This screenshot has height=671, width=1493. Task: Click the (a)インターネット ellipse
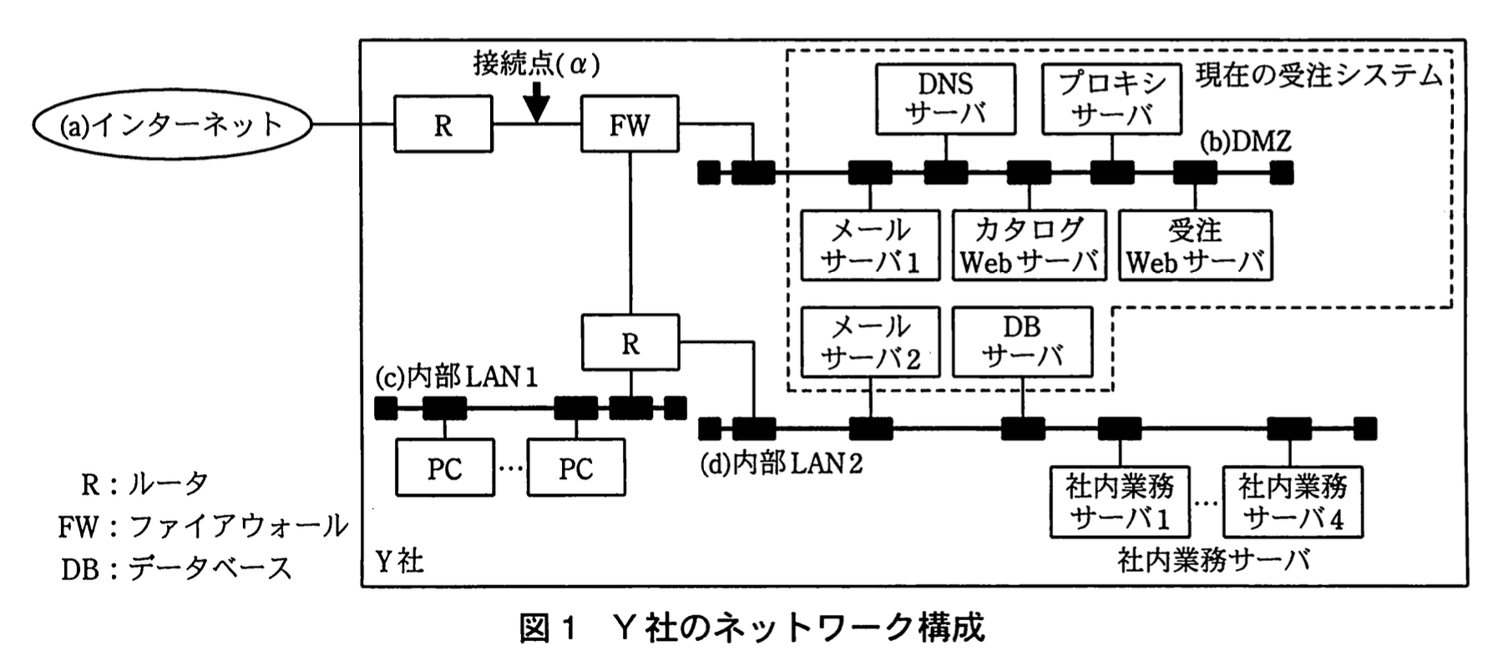[x=172, y=125]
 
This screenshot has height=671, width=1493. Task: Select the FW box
[x=630, y=125]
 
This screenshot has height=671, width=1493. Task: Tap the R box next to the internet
[x=443, y=125]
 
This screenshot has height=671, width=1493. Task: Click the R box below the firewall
[x=630, y=343]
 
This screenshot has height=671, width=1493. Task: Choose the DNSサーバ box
[x=945, y=99]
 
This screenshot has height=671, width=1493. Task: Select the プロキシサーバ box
[x=1111, y=99]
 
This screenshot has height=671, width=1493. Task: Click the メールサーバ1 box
[x=870, y=245]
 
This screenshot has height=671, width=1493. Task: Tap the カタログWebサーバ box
[x=1029, y=245]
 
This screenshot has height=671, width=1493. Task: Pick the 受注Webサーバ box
[x=1195, y=245]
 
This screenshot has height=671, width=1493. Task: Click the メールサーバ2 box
[x=870, y=342]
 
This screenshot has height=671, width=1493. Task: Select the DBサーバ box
[x=1022, y=342]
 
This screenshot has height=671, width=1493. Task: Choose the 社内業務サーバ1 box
[x=1120, y=502]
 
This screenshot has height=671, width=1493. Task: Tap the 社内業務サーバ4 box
[x=1293, y=502]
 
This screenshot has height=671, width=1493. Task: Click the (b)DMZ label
[x=1245, y=143]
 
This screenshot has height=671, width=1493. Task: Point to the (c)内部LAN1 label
[x=456, y=378]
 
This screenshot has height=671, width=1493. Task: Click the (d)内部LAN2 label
[x=781, y=463]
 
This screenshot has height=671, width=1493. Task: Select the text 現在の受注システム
[x=1319, y=76]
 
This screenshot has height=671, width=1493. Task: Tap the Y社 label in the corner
[x=399, y=561]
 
